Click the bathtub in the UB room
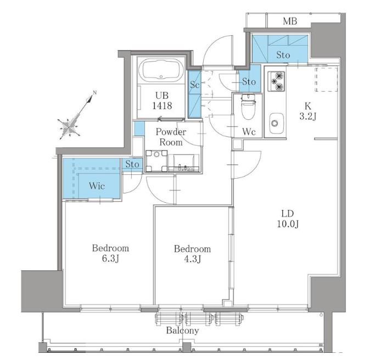click(x=161, y=70)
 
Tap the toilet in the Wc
click(x=247, y=107)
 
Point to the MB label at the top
click(x=290, y=21)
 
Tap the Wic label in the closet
click(x=97, y=186)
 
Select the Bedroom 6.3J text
click(x=110, y=253)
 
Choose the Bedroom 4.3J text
click(x=193, y=254)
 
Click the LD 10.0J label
click(x=288, y=219)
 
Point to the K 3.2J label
click(x=308, y=111)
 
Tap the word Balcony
click(x=182, y=330)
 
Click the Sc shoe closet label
click(x=195, y=85)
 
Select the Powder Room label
click(x=171, y=137)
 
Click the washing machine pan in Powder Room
click(x=156, y=161)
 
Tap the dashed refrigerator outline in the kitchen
click(x=327, y=79)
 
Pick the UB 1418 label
click(x=162, y=101)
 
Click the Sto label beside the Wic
click(x=132, y=164)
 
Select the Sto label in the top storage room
click(x=283, y=55)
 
